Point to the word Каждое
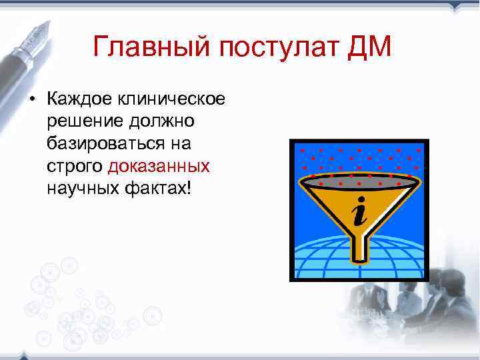coord(79,100)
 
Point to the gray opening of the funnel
coord(360,179)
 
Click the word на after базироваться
coord(180,143)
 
